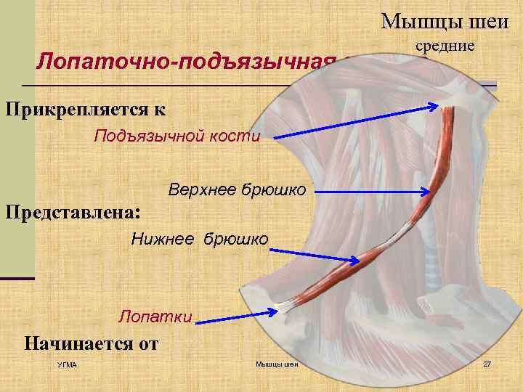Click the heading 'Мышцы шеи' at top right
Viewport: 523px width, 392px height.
445,21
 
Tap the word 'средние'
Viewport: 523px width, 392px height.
445,46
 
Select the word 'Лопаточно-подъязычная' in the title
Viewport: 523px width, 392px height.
186,60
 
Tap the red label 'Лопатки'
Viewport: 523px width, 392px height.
155,316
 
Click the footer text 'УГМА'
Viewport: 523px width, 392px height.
67,364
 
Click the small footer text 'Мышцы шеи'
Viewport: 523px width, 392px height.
277,364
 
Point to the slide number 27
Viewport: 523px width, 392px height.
487,363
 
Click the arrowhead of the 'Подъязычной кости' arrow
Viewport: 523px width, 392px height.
434,107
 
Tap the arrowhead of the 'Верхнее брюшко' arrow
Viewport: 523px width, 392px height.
428,192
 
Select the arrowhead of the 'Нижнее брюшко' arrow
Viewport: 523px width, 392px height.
355,261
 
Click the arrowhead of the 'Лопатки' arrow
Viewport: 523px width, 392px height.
275,313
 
